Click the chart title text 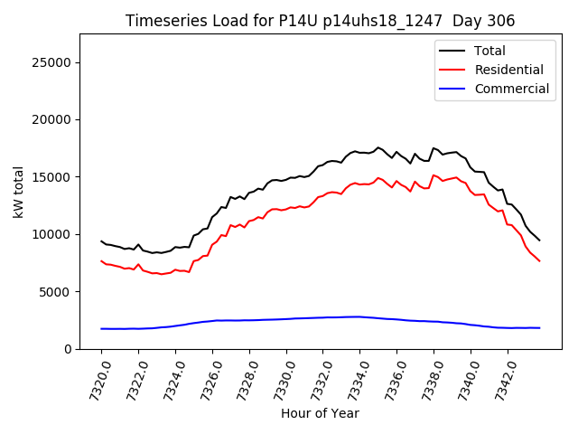pyautogui.click(x=321, y=21)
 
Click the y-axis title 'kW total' pyautogui.click(x=18, y=192)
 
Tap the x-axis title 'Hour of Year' pyautogui.click(x=320, y=413)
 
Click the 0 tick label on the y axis pyautogui.click(x=69, y=349)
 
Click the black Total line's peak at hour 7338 pyautogui.click(x=433, y=147)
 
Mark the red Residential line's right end pyautogui.click(x=539, y=261)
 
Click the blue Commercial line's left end pyautogui.click(x=101, y=328)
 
